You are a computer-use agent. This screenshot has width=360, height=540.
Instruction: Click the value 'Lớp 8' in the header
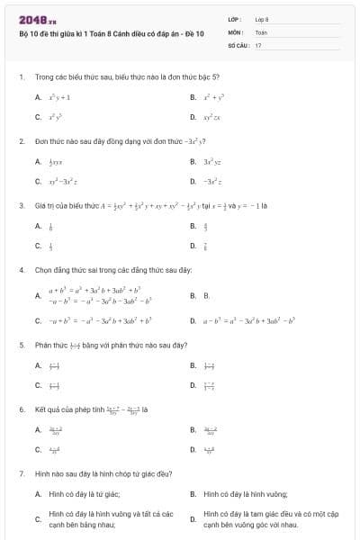coord(262,19)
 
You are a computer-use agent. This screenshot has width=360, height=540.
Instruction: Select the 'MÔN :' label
coord(236,31)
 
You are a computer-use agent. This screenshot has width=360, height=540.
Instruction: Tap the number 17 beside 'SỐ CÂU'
coord(258,44)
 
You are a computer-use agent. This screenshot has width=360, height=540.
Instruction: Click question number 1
coord(21,77)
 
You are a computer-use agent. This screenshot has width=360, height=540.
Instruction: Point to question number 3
coord(21,205)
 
